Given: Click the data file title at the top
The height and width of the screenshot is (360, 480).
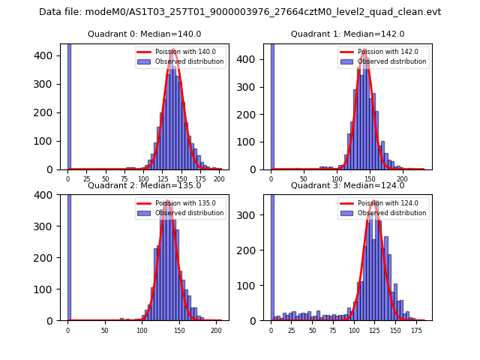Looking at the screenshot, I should tap(240, 12).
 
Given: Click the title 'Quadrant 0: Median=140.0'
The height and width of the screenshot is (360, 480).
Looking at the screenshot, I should tap(144, 34).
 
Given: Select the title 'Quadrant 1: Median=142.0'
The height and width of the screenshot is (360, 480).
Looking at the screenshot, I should tap(347, 34).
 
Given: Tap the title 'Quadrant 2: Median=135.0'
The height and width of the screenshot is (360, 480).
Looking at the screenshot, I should tap(144, 185).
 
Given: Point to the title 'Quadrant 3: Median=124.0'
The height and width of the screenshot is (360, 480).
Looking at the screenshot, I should tap(347, 185).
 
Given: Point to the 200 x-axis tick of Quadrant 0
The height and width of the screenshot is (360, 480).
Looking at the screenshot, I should tap(218, 180).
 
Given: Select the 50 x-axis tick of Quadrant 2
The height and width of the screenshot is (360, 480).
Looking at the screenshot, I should tap(104, 331).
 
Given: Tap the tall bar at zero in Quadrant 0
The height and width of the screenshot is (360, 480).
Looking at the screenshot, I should tap(69, 105).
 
